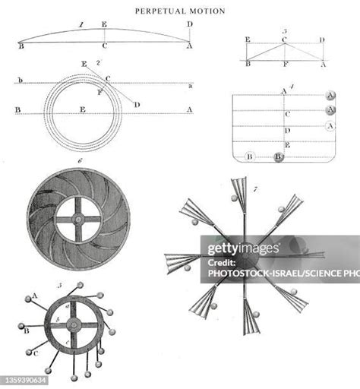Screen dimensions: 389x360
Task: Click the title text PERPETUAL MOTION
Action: tap(180, 11)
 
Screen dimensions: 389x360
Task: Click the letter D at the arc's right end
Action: tap(189, 25)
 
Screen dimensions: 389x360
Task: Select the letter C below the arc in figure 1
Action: tap(104, 46)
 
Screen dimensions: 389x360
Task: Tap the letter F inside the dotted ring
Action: tap(99, 91)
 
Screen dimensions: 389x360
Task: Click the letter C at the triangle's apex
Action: tap(284, 39)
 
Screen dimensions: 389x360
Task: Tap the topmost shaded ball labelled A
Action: tap(330, 96)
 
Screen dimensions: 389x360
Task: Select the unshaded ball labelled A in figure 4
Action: tap(330, 126)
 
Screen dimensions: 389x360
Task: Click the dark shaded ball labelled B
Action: tap(279, 157)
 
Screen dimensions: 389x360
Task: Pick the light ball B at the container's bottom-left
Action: tap(248, 157)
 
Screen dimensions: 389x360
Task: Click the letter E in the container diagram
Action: tap(286, 144)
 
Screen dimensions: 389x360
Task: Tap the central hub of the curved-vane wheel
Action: tap(78, 219)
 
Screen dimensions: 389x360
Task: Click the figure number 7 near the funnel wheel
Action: tap(257, 187)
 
